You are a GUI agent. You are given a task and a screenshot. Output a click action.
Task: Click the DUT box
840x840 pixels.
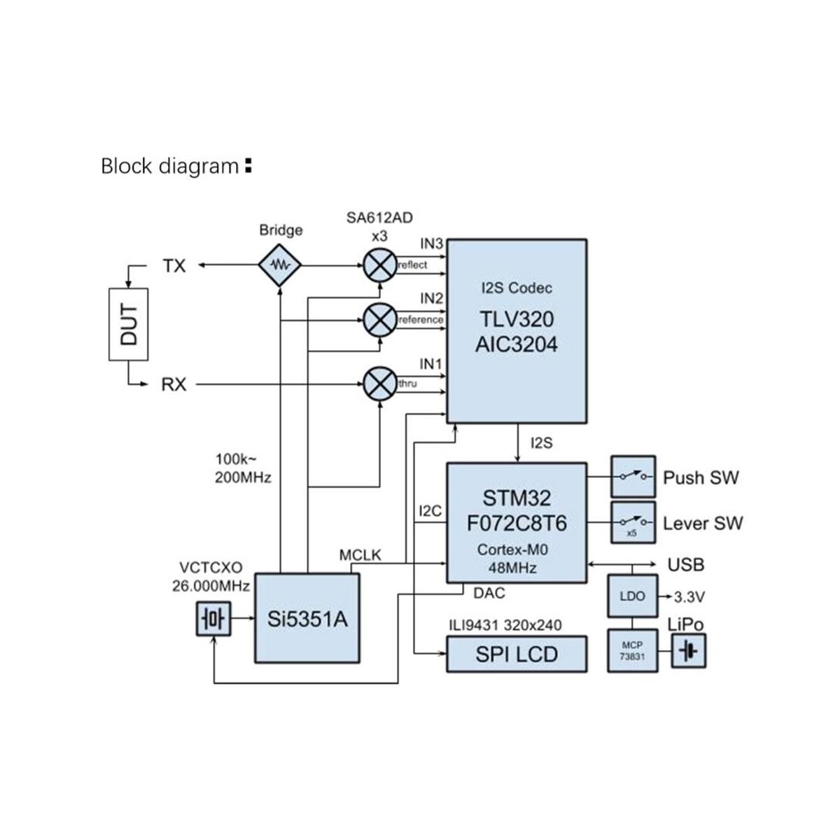coord(128,324)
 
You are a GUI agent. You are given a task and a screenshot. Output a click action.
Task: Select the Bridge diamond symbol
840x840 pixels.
coord(279,265)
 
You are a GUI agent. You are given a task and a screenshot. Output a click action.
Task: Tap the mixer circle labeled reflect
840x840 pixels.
coord(380,265)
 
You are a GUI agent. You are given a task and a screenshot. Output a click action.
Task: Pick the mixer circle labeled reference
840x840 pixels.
coord(380,320)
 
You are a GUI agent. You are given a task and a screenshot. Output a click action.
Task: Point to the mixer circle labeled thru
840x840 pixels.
coord(380,384)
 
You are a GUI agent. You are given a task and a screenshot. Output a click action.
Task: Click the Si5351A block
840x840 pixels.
coord(307,619)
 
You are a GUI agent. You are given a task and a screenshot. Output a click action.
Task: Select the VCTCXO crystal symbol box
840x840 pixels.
coord(213,619)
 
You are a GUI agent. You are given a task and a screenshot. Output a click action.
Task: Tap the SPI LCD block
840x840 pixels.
coord(517,654)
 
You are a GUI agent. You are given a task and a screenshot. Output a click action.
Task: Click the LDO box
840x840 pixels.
coord(632,596)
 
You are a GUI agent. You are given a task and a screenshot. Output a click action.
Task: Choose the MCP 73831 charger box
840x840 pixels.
coord(632,651)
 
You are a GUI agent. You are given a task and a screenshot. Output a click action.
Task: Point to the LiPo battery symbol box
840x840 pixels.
coord(689,651)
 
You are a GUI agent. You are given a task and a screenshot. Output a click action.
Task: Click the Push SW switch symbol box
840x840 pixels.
coord(633,477)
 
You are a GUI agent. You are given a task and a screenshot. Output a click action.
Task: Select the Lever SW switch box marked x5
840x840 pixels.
coord(633,522)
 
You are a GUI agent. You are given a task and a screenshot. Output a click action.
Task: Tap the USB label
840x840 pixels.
coord(686,564)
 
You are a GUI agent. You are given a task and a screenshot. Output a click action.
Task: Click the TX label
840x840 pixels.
coord(174,266)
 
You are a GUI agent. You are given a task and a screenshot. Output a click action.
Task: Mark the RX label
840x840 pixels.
coord(174,384)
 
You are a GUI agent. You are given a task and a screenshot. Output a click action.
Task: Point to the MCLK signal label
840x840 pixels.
coord(360,555)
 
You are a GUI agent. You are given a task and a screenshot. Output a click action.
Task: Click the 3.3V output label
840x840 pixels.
coord(689,597)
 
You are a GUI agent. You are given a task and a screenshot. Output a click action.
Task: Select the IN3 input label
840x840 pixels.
coord(432,244)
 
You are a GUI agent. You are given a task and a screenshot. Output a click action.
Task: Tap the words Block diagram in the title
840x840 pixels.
coord(170,167)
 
